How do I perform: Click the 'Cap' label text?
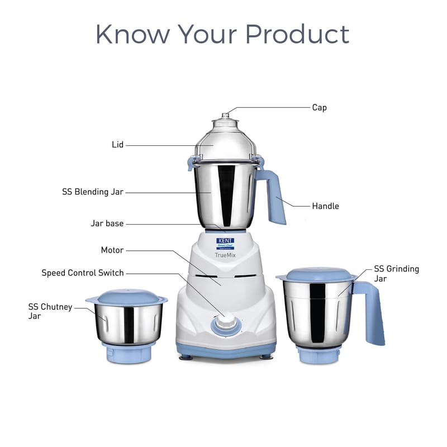319,108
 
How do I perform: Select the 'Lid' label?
117,145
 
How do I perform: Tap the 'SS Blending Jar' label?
93,192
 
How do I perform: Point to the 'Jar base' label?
107,223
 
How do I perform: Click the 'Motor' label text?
112,250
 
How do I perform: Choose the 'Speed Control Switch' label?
83,273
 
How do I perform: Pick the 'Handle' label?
326,206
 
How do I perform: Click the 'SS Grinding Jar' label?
396,273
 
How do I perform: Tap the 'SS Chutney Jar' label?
50,311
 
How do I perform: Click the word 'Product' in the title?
297,34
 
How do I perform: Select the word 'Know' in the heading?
133,34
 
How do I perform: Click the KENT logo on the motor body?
225,244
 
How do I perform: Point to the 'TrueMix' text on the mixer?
225,255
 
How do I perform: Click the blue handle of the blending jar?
272,197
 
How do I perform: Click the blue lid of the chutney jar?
127,297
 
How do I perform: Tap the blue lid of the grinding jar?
316,274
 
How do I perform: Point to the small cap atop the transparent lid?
226,116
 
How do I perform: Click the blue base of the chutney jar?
129,354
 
